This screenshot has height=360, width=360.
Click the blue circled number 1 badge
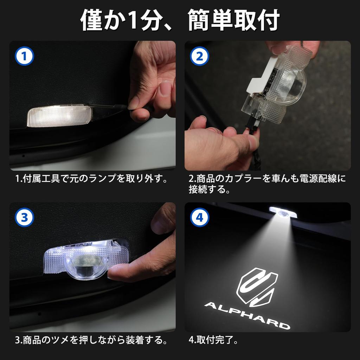pos(24,56)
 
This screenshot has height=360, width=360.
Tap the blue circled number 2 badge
pos(200,56)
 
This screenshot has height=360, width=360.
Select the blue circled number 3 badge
pos(24,217)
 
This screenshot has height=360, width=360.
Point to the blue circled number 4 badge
pos(200,217)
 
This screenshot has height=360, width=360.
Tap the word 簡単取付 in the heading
pos(234,20)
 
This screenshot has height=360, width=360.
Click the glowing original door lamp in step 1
pos(59,116)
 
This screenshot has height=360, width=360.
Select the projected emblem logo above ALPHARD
pos(257,287)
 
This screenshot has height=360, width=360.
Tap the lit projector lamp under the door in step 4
pos(283,212)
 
